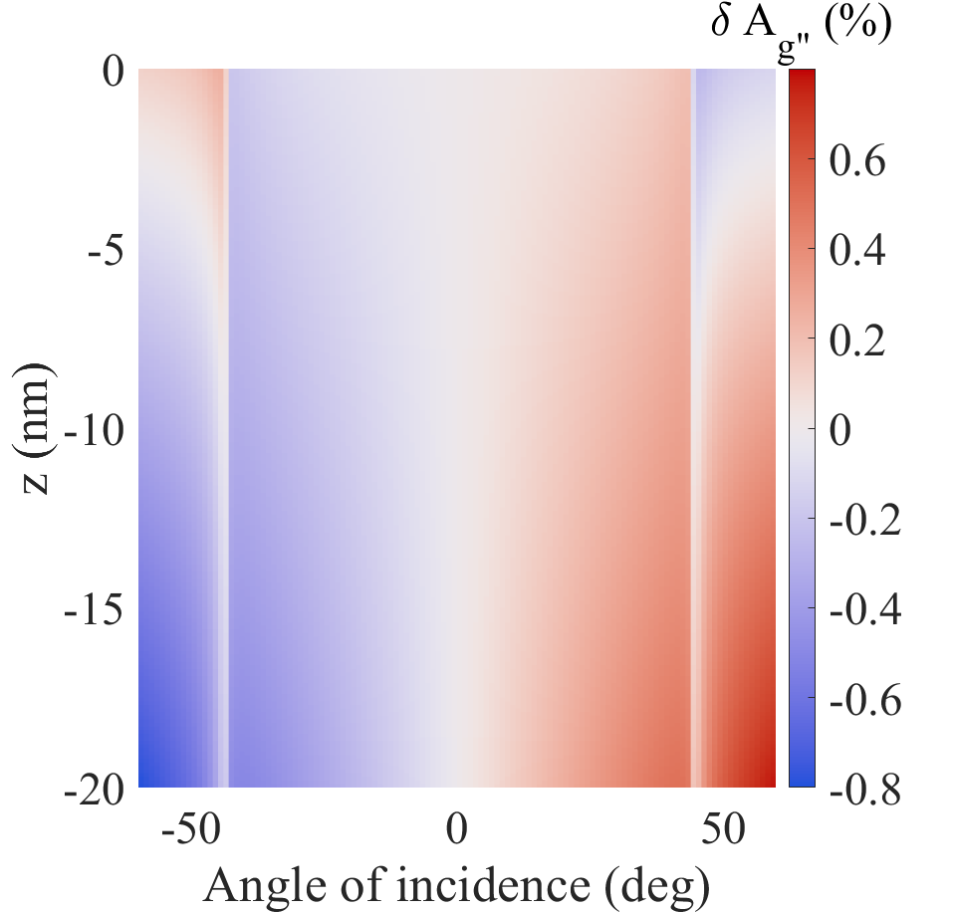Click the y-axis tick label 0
point(106,72)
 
